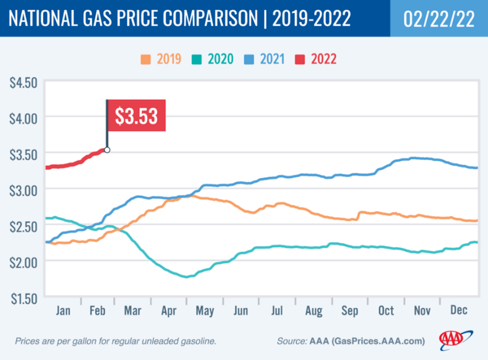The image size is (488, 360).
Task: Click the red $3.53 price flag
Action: click(x=136, y=116)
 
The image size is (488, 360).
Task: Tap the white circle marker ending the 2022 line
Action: click(x=107, y=150)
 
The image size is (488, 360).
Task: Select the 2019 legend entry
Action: click(x=161, y=59)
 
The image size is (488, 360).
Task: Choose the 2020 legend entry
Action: click(x=213, y=59)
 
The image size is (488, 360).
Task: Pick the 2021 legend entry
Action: click(x=264, y=59)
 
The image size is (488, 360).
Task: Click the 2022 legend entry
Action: click(x=316, y=59)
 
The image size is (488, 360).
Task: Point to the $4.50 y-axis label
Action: click(x=23, y=83)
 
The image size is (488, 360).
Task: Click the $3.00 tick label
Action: click(x=23, y=190)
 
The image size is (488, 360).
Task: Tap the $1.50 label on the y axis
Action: click(x=24, y=299)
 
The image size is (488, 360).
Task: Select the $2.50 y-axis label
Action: click(x=23, y=226)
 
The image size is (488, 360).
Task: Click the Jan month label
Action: click(x=63, y=311)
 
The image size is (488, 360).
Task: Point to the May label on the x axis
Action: click(x=205, y=311)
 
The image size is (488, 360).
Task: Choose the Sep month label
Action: click(x=349, y=311)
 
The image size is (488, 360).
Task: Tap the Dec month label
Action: click(x=459, y=310)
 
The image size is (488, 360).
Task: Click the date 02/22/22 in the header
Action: click(x=439, y=19)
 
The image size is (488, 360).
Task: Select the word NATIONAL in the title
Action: click(x=43, y=18)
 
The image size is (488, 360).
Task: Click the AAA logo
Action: click(x=456, y=340)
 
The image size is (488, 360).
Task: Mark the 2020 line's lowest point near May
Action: click(x=186, y=277)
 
